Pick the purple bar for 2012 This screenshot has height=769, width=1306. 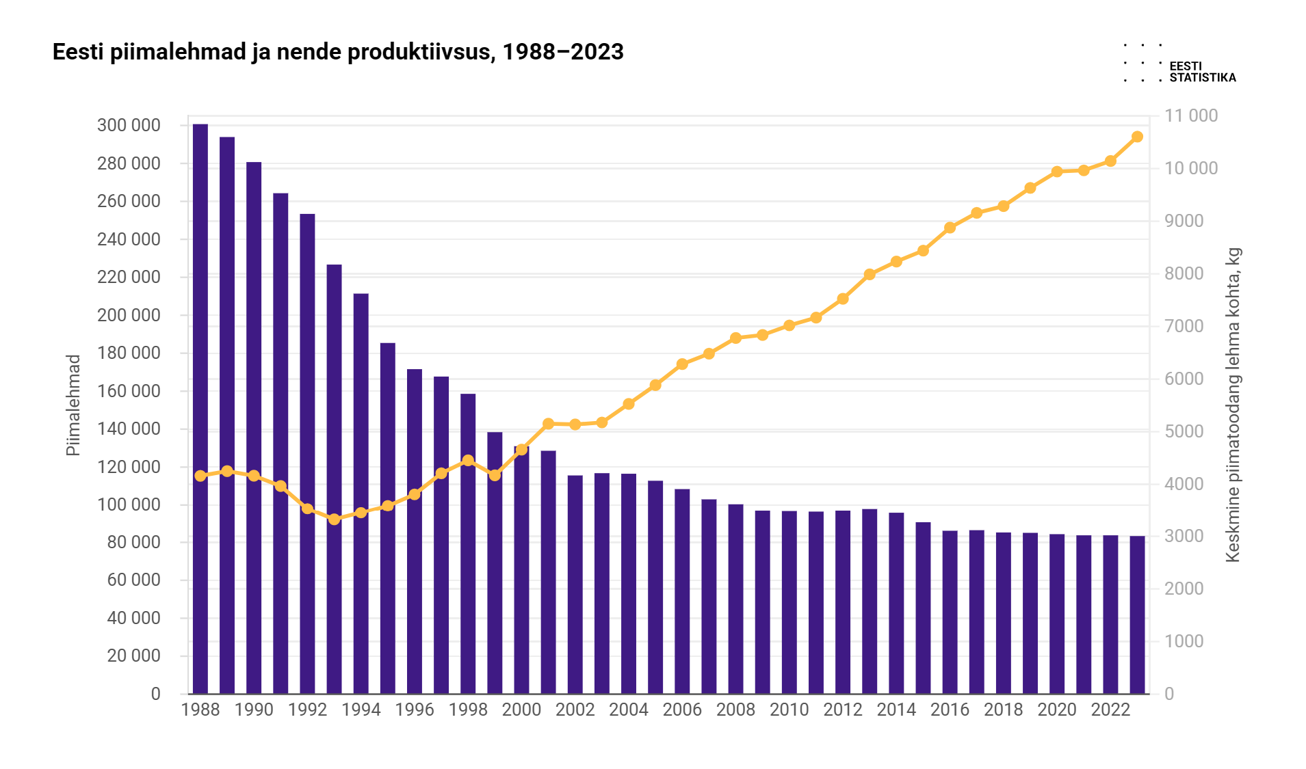click(x=843, y=602)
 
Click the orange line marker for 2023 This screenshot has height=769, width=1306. click(x=1137, y=137)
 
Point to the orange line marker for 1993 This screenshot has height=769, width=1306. click(x=334, y=519)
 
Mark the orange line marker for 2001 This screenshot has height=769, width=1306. click(x=548, y=424)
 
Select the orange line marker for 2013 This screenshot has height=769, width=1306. click(x=870, y=274)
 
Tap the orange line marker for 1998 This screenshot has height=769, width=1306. click(x=468, y=461)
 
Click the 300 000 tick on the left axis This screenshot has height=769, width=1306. click(x=129, y=125)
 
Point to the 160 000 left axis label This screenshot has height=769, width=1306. click(x=129, y=391)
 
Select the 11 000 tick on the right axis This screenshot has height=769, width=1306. click(x=1191, y=116)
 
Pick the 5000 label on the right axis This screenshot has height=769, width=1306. click(x=1184, y=431)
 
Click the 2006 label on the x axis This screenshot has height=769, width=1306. click(x=682, y=710)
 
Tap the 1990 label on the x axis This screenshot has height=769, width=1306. click(x=254, y=710)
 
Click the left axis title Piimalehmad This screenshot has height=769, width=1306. click(x=73, y=405)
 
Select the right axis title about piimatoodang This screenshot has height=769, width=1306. click(x=1233, y=405)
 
